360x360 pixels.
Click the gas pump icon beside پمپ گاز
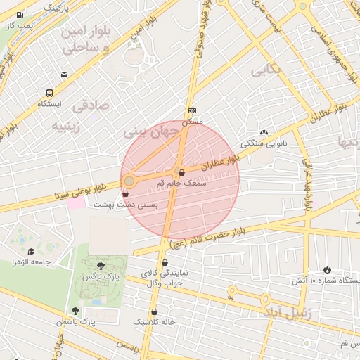pos(19,15)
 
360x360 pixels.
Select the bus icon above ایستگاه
pos(49,93)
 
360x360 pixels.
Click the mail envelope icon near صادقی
pos(65,75)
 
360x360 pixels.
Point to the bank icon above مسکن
pos(192,110)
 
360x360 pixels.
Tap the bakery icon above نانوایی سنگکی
pos(264,132)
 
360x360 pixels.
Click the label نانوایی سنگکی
pos(264,143)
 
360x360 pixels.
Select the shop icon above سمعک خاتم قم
pos(181,172)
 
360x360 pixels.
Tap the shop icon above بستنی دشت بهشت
pos(126,193)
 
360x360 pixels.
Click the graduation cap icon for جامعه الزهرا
pos(31,251)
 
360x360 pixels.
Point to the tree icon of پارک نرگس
pos(101,266)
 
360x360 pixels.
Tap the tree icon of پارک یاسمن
pos(75,311)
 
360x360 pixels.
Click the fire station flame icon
pos(327,269)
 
